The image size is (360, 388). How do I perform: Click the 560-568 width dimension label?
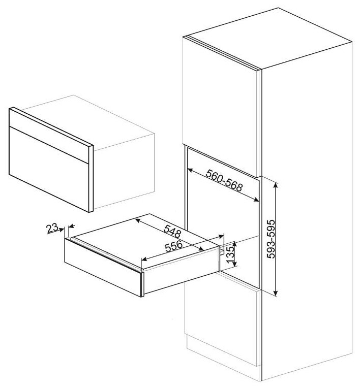pos(224,180)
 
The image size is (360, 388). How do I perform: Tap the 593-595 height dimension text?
pos(271,239)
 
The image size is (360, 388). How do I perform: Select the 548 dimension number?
pos(172,232)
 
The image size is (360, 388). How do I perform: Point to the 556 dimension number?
pos(174,246)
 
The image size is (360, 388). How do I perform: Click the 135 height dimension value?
pos(230,254)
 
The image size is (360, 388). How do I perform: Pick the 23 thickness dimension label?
pos(52,228)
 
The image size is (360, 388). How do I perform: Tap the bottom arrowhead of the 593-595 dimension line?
pos(276,293)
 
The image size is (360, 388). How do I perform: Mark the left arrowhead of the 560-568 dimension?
pos(191,170)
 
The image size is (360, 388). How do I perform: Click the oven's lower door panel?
pos(49,169)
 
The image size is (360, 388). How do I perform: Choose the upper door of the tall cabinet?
pos(220,107)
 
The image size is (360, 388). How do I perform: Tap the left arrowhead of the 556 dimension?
pos(144,260)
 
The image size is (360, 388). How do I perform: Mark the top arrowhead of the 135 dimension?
pos(235,244)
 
